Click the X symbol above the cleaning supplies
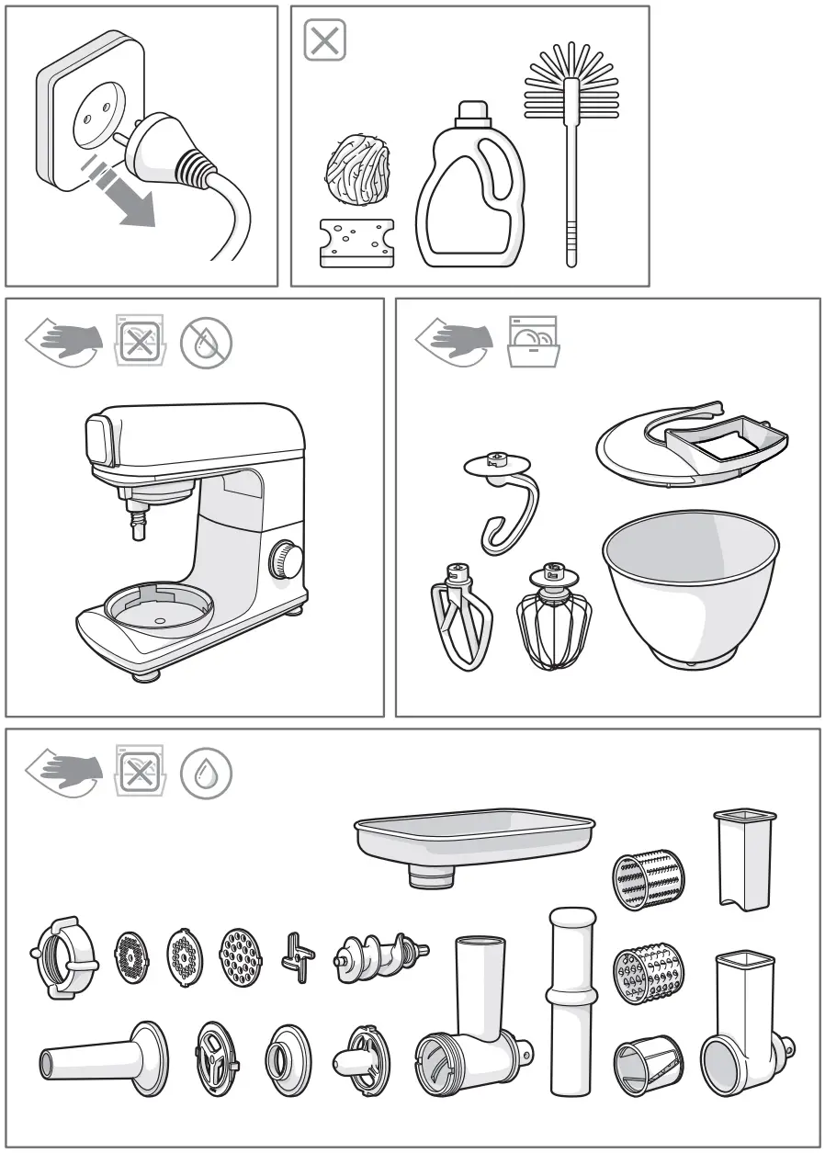tap(324, 41)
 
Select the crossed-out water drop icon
tap(206, 342)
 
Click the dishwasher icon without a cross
tap(534, 342)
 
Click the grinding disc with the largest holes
tap(241, 958)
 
